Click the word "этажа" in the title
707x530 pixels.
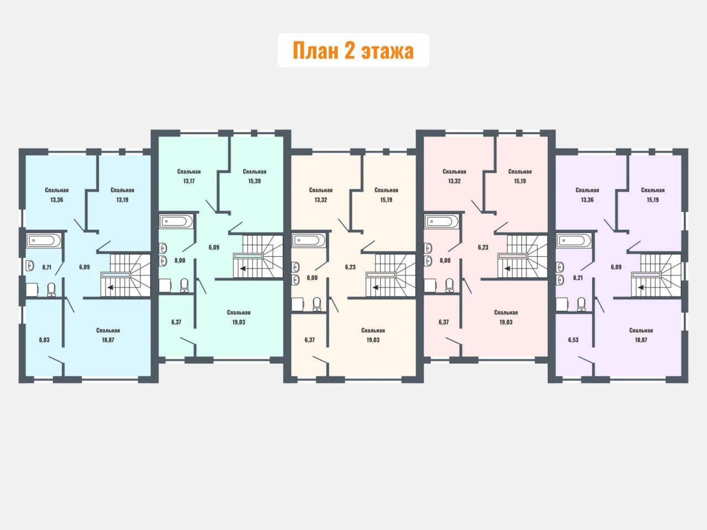pos(388,51)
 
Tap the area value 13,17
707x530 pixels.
pos(189,181)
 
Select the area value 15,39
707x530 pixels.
pos(255,181)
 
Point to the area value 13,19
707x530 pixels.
pos(122,199)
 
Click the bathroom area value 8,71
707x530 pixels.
pos(47,267)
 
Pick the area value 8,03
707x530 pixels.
pos(44,340)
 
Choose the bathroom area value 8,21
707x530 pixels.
pos(578,277)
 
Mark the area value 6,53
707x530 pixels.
pos(573,340)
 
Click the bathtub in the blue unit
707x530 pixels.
pos(44,240)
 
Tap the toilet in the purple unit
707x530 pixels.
pos(582,304)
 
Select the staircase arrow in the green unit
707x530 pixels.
pos(242,268)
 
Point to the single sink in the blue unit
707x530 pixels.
pos(30,266)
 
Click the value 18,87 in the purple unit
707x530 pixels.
pos(641,340)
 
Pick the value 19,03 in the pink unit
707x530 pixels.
pos(506,322)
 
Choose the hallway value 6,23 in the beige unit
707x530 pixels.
pos(350,267)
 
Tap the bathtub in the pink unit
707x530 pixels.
pos(441,222)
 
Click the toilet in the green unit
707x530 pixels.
pos(184,285)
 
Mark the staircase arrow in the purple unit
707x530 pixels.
pos(641,287)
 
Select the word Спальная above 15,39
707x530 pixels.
pos(255,172)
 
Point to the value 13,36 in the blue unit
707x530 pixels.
pos(57,199)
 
